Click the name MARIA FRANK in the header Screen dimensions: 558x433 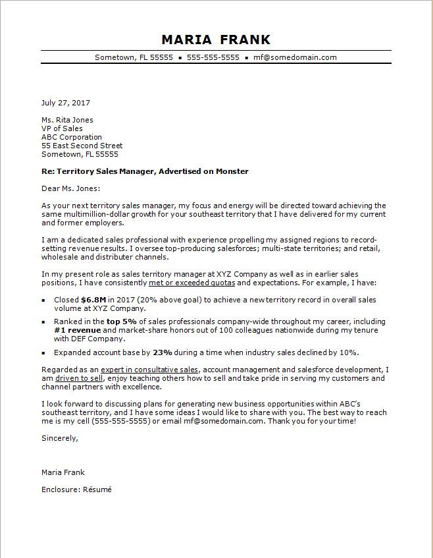(x=216, y=40)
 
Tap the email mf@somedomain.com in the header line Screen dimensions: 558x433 (x=295, y=57)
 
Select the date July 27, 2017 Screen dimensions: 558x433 (x=66, y=103)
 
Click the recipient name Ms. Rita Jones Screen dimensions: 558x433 (x=67, y=120)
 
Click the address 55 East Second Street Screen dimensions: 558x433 (x=82, y=146)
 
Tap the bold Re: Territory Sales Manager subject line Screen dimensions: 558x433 (x=145, y=171)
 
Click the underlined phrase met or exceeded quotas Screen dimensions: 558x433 (x=191, y=283)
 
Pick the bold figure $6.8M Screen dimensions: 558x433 (x=93, y=299)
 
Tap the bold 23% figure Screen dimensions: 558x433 (x=163, y=352)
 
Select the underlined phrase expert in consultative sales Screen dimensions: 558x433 (x=151, y=370)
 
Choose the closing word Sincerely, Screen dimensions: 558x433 (x=60, y=437)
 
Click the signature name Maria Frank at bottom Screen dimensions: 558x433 (x=63, y=472)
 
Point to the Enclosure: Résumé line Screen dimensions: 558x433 (x=76, y=490)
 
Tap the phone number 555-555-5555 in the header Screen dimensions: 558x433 (x=213, y=57)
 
